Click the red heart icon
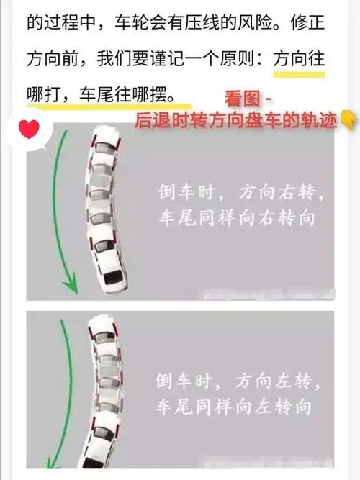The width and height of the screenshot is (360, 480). [29, 130]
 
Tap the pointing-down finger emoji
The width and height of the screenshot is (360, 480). [348, 120]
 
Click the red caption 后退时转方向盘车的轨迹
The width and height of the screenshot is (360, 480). [235, 120]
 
